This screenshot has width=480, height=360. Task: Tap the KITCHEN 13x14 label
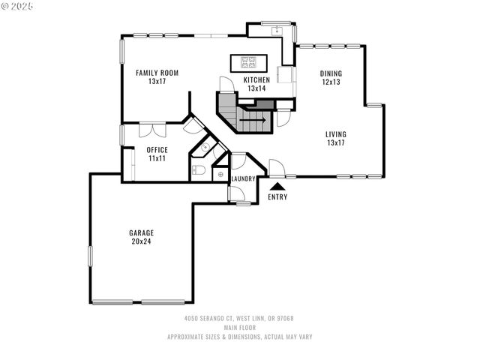pos(256,84)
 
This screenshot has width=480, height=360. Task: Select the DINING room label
pos(331,77)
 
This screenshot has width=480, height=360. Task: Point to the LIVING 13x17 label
pos(335,139)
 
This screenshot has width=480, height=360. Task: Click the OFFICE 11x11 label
pos(157,154)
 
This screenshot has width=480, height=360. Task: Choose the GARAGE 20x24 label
pos(141,237)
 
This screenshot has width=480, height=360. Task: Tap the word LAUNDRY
pos(243,178)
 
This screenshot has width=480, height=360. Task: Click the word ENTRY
pos(277,197)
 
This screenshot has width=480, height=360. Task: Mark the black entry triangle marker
pos(277,186)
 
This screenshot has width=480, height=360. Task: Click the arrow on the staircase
pos(256,118)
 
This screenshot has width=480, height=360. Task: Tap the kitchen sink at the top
pos(276,31)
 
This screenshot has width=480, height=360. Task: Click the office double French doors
pos(153,130)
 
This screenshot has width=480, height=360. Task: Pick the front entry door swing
pos(276,167)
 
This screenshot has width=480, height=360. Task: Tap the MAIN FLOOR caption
pos(239,328)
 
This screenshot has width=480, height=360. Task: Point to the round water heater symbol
pos(220,174)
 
